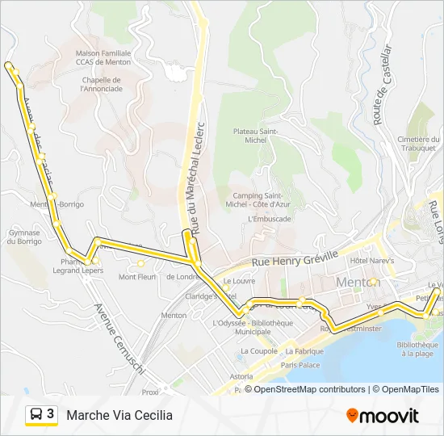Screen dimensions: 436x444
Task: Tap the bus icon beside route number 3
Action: click(36, 414)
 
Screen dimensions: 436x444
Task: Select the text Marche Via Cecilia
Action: click(119, 415)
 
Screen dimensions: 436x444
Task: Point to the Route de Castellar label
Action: click(383, 84)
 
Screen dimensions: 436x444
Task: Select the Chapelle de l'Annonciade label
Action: click(101, 84)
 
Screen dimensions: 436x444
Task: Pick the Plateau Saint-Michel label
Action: click(256, 136)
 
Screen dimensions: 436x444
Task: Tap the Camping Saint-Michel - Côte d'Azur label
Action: click(261, 200)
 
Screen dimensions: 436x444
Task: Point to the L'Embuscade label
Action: click(270, 218)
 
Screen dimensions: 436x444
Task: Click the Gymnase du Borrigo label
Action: click(24, 237)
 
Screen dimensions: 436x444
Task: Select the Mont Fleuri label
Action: click(136, 277)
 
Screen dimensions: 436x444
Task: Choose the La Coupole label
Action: click(258, 351)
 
